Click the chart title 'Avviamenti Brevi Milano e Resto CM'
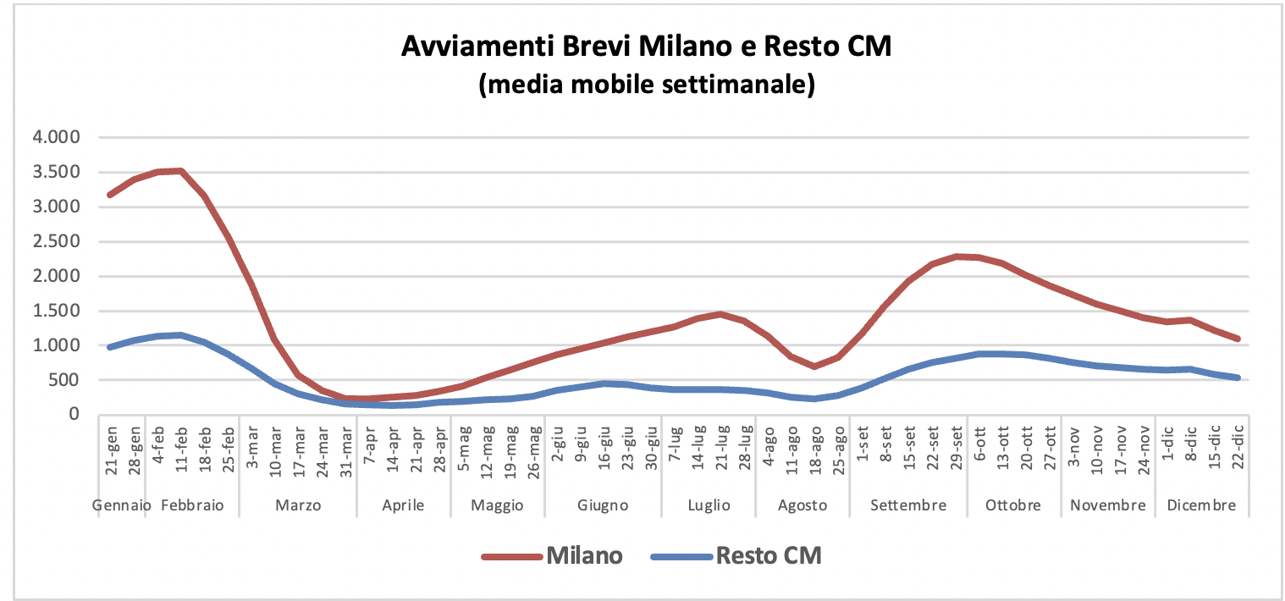pos(646,47)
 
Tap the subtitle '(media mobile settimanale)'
pos(646,85)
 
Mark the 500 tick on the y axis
pos(65,380)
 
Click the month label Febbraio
pos(192,505)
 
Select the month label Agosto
pos(803,505)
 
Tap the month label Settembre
pos(909,505)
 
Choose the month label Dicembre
pos(1202,505)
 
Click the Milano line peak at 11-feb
pos(180,171)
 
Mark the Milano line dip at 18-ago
pos(815,366)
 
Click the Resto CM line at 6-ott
pos(979,354)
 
